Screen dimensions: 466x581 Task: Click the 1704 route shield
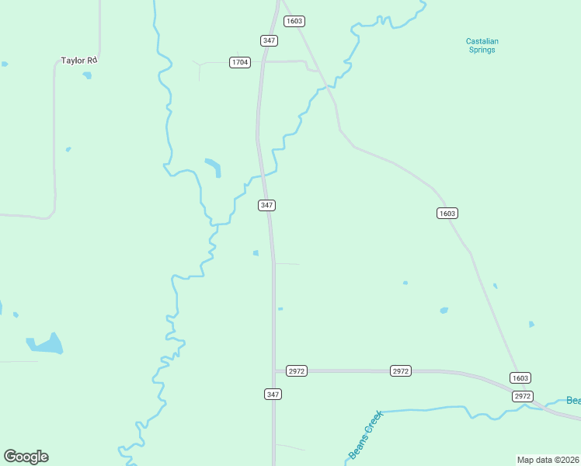pos(240,62)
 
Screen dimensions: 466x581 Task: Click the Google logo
pos(26,457)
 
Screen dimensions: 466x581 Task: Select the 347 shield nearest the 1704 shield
pos(270,40)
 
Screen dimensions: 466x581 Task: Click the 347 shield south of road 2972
pos(273,395)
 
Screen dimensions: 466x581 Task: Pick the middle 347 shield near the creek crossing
pos(266,205)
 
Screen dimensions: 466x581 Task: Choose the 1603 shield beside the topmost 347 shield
pos(294,21)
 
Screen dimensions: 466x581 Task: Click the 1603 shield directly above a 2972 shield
pos(520,378)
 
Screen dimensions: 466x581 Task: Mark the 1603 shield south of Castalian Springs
pos(447,213)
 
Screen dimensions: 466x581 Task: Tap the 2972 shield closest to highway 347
pos(297,371)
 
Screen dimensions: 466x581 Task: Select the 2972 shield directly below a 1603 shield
pos(523,396)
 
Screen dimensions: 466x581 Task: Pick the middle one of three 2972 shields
pos(400,371)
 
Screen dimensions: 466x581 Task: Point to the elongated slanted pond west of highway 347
pos(213,166)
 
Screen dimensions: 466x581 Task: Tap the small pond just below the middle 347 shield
pos(256,252)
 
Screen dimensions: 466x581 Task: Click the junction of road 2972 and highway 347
pos(274,371)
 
